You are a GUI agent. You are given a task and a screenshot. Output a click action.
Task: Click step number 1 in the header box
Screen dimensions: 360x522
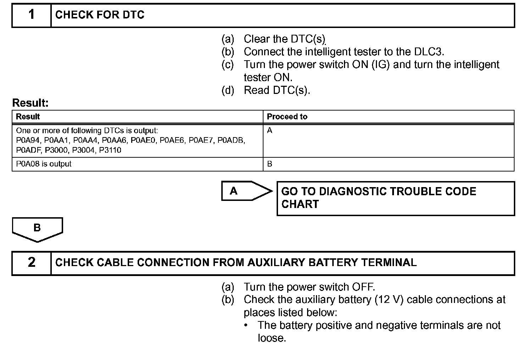click(31, 15)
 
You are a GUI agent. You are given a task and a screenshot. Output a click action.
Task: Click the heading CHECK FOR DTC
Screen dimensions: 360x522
click(100, 15)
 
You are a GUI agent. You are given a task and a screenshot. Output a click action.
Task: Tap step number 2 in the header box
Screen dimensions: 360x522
click(31, 263)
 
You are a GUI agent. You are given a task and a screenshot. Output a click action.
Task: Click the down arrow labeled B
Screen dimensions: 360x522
click(37, 229)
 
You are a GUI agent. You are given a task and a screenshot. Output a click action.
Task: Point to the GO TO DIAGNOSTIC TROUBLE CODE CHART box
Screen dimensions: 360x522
click(395, 198)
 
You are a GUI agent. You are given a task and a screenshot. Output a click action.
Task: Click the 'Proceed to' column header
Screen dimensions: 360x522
click(287, 117)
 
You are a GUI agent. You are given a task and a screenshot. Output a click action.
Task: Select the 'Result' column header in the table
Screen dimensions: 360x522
click(28, 117)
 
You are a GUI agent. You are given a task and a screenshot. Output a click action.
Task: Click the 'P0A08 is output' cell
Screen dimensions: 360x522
click(44, 164)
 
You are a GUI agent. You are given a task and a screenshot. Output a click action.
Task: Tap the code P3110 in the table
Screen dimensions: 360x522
click(110, 150)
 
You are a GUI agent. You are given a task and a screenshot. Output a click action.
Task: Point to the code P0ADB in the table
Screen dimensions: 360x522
click(231, 140)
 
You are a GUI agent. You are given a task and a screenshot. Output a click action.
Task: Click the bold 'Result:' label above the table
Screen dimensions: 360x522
click(30, 103)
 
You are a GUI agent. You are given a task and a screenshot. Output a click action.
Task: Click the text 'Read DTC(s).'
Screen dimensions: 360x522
click(277, 90)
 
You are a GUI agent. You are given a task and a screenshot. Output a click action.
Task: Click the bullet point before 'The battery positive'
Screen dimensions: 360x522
click(246, 325)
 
